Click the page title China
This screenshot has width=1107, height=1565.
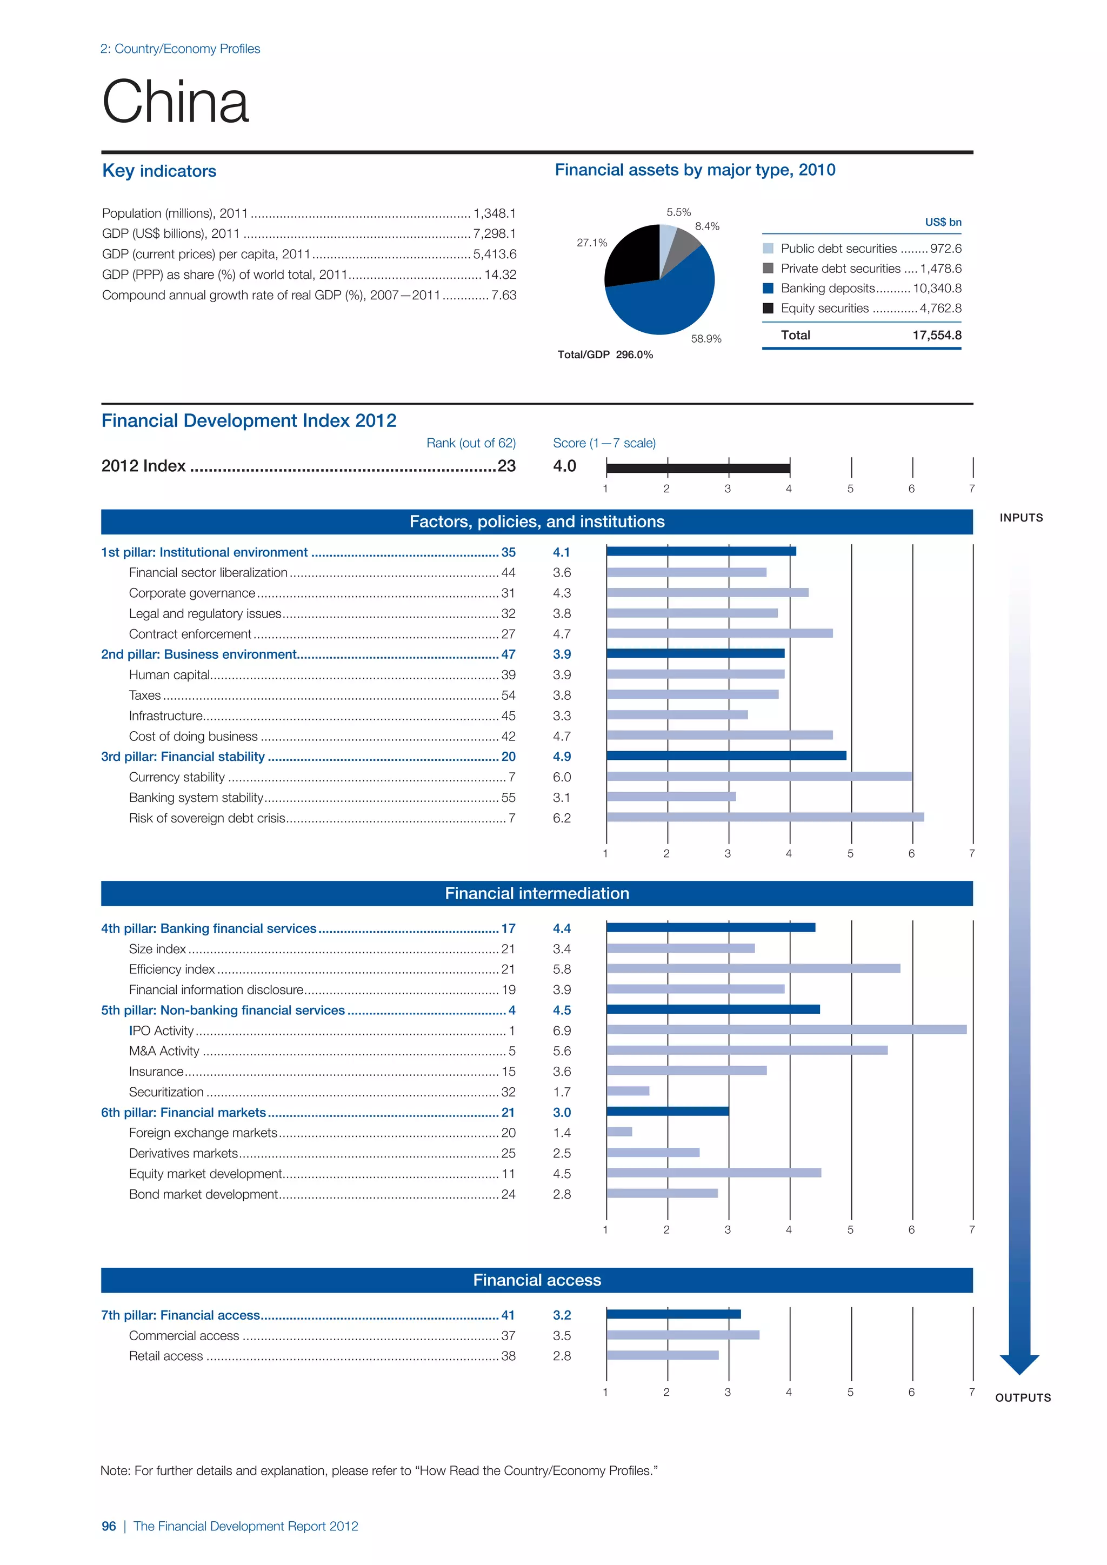pos(175,102)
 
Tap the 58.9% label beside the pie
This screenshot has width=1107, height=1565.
pos(705,339)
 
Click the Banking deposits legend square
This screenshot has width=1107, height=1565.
pos(768,289)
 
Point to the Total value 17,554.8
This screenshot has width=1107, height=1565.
pos(937,336)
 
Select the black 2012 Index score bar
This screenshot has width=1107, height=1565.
pos(697,467)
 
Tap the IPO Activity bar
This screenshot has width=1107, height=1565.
pos(786,1030)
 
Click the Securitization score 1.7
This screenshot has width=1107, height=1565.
pos(562,1092)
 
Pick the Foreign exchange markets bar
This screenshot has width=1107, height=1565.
pos(619,1132)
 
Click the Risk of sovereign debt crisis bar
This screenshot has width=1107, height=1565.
pos(765,817)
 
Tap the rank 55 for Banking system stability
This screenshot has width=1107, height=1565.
pos(509,798)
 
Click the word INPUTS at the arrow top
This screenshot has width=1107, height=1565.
pos(1021,518)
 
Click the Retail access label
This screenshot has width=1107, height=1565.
pos(165,1356)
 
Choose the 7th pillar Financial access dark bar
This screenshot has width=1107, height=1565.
pos(673,1314)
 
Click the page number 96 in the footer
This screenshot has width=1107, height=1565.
pos(109,1526)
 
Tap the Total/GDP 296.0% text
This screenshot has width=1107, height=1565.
pos(605,355)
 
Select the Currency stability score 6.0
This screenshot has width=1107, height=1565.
pos(562,777)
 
